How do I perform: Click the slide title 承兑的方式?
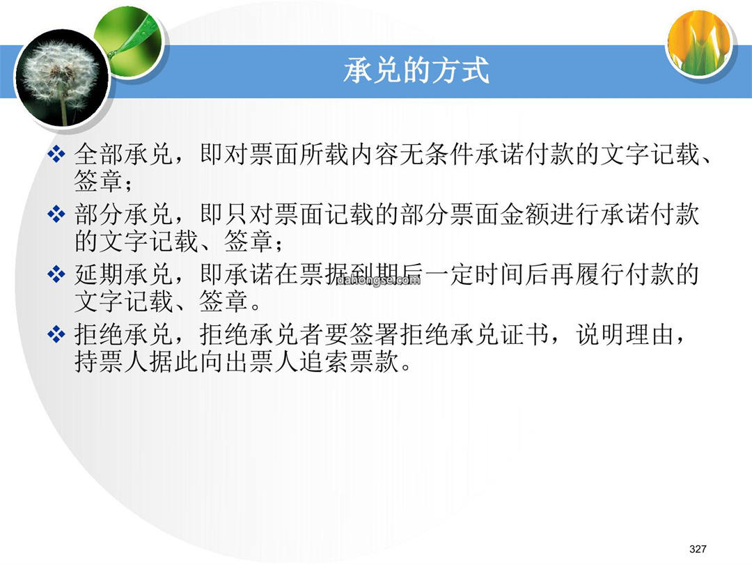tap(416, 70)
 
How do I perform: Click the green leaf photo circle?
tap(130, 40)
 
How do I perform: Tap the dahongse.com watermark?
tap(378, 281)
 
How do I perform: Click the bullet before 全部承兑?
tap(56, 155)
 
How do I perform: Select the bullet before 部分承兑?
tap(56, 214)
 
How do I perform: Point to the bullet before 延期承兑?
tap(56, 274)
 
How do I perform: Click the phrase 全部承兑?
tap(123, 155)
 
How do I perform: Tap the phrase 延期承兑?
tap(123, 274)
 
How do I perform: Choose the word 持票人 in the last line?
tap(111, 361)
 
